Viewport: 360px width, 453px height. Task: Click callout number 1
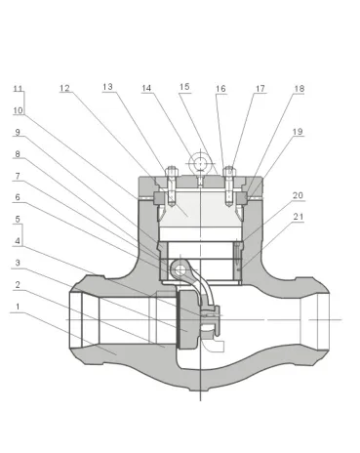click(18, 306)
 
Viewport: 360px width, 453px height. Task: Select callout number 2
click(18, 284)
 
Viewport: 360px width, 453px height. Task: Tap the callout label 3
click(18, 263)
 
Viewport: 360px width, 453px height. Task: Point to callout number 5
click(18, 219)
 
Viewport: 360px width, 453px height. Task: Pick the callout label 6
click(18, 197)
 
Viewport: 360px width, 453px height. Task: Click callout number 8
click(18, 153)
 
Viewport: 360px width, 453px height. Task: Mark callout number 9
click(18, 132)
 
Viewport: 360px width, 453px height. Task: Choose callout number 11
click(18, 89)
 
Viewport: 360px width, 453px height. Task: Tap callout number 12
click(64, 89)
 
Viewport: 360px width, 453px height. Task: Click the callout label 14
click(146, 88)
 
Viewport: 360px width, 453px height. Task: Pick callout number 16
click(220, 89)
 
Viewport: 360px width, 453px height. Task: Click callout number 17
click(260, 89)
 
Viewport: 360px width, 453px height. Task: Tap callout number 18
click(299, 89)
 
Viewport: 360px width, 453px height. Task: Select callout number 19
click(297, 132)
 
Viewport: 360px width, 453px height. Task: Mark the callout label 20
click(297, 195)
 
